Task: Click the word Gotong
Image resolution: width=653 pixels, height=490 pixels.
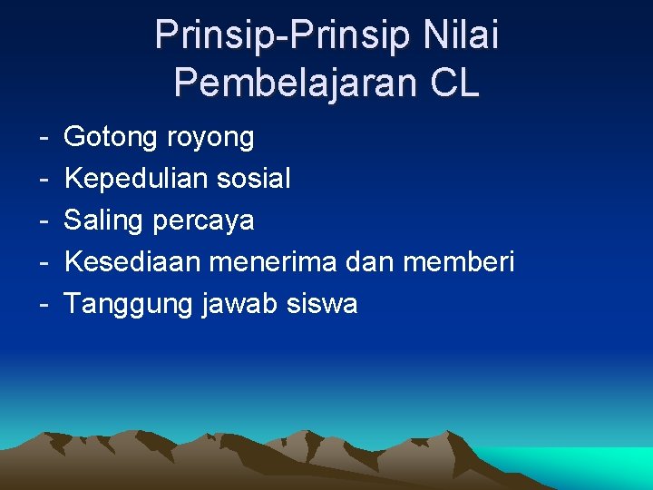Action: click(112, 138)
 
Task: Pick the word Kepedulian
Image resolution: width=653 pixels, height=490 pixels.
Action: click(137, 180)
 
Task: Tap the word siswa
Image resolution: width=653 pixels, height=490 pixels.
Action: click(322, 304)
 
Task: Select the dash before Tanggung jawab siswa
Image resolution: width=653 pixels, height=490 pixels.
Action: click(44, 305)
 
